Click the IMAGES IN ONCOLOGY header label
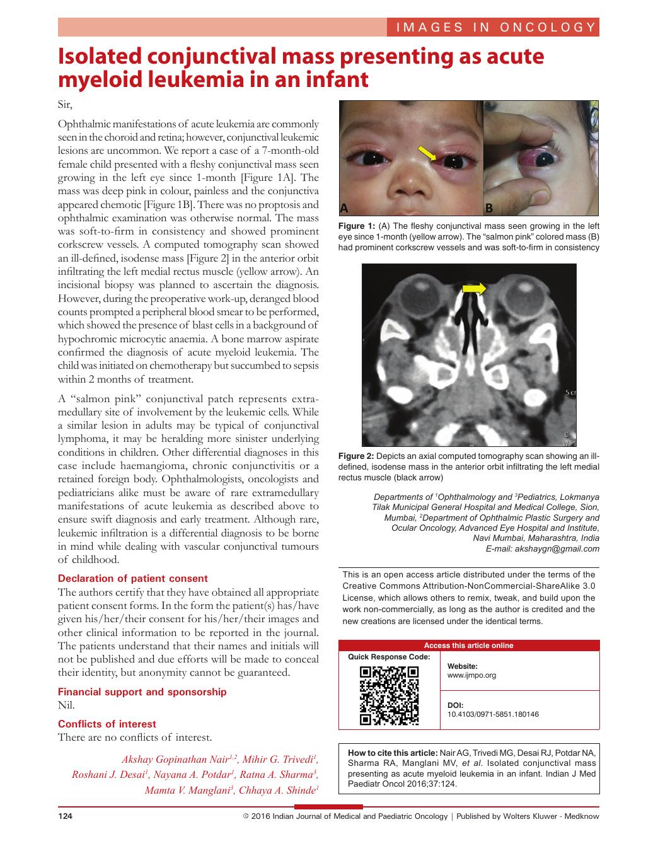(495, 27)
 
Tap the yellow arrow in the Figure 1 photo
(427, 153)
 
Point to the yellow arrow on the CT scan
(474, 289)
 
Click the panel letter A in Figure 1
(344, 208)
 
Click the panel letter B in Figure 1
(488, 208)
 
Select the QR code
(389, 696)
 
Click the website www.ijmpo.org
(471, 675)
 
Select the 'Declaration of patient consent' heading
(132, 578)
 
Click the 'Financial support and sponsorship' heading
(142, 692)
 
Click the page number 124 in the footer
(66, 816)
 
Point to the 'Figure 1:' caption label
(356, 226)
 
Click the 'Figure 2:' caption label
(356, 456)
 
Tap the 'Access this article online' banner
(468, 645)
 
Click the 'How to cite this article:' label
(392, 753)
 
